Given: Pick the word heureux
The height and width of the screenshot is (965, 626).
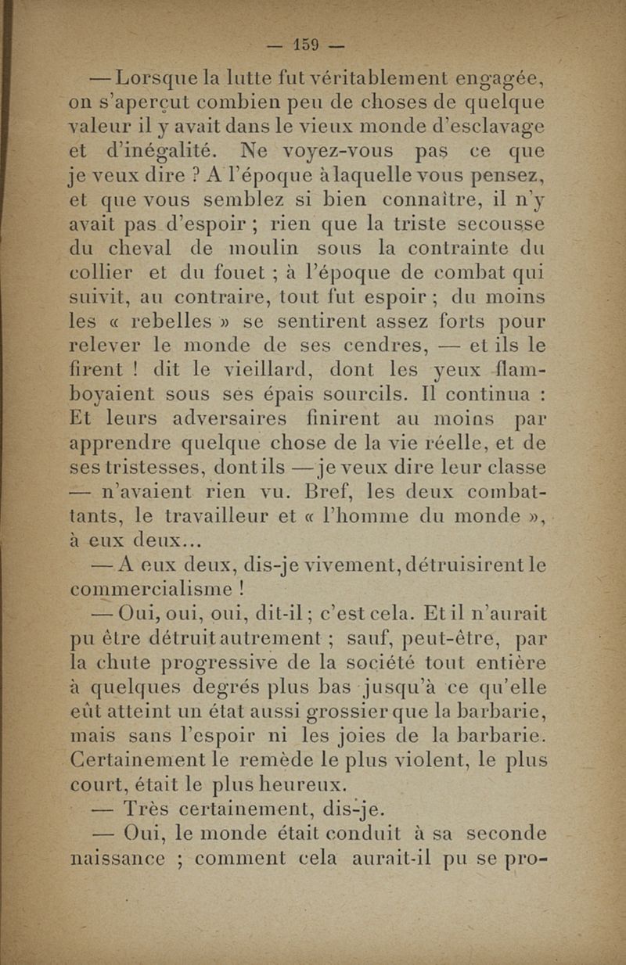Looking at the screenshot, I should [x=297, y=784].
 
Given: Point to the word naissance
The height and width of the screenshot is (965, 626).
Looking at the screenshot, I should [x=118, y=858].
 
